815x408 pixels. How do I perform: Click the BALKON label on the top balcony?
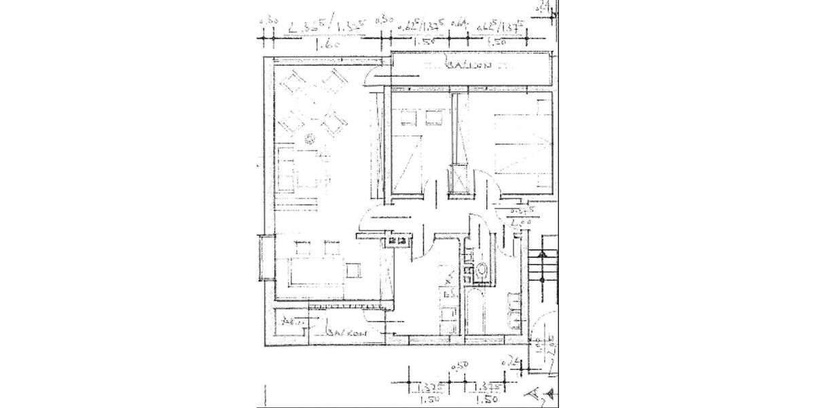469,66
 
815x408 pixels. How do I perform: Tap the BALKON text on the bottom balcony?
346,333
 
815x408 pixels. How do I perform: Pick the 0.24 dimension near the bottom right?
506,363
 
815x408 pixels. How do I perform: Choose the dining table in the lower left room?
314,272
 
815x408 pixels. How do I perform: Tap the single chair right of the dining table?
353,270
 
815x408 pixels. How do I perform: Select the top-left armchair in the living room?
294,84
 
